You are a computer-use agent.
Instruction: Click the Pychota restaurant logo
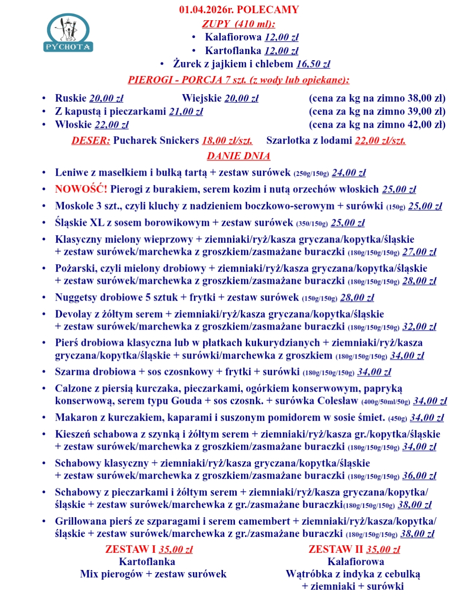point(68,33)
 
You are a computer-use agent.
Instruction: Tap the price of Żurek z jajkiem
point(313,64)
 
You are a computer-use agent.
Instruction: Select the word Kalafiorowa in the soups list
point(233,37)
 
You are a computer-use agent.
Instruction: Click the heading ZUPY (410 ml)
point(238,24)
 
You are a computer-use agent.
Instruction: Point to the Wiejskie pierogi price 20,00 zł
point(241,99)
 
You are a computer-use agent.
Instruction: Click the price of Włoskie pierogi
point(112,125)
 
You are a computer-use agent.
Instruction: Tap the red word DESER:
point(91,141)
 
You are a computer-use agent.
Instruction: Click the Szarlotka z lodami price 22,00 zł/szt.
point(380,141)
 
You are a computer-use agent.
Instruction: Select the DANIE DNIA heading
point(238,156)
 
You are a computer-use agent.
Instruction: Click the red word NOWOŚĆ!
point(81,189)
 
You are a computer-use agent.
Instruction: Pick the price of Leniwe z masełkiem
point(349,173)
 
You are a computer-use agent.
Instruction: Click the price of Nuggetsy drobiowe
point(357,298)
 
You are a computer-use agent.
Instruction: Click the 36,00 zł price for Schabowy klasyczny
point(419,476)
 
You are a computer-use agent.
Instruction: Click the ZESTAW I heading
point(131,549)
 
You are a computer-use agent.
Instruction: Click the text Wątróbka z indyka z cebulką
point(353,574)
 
